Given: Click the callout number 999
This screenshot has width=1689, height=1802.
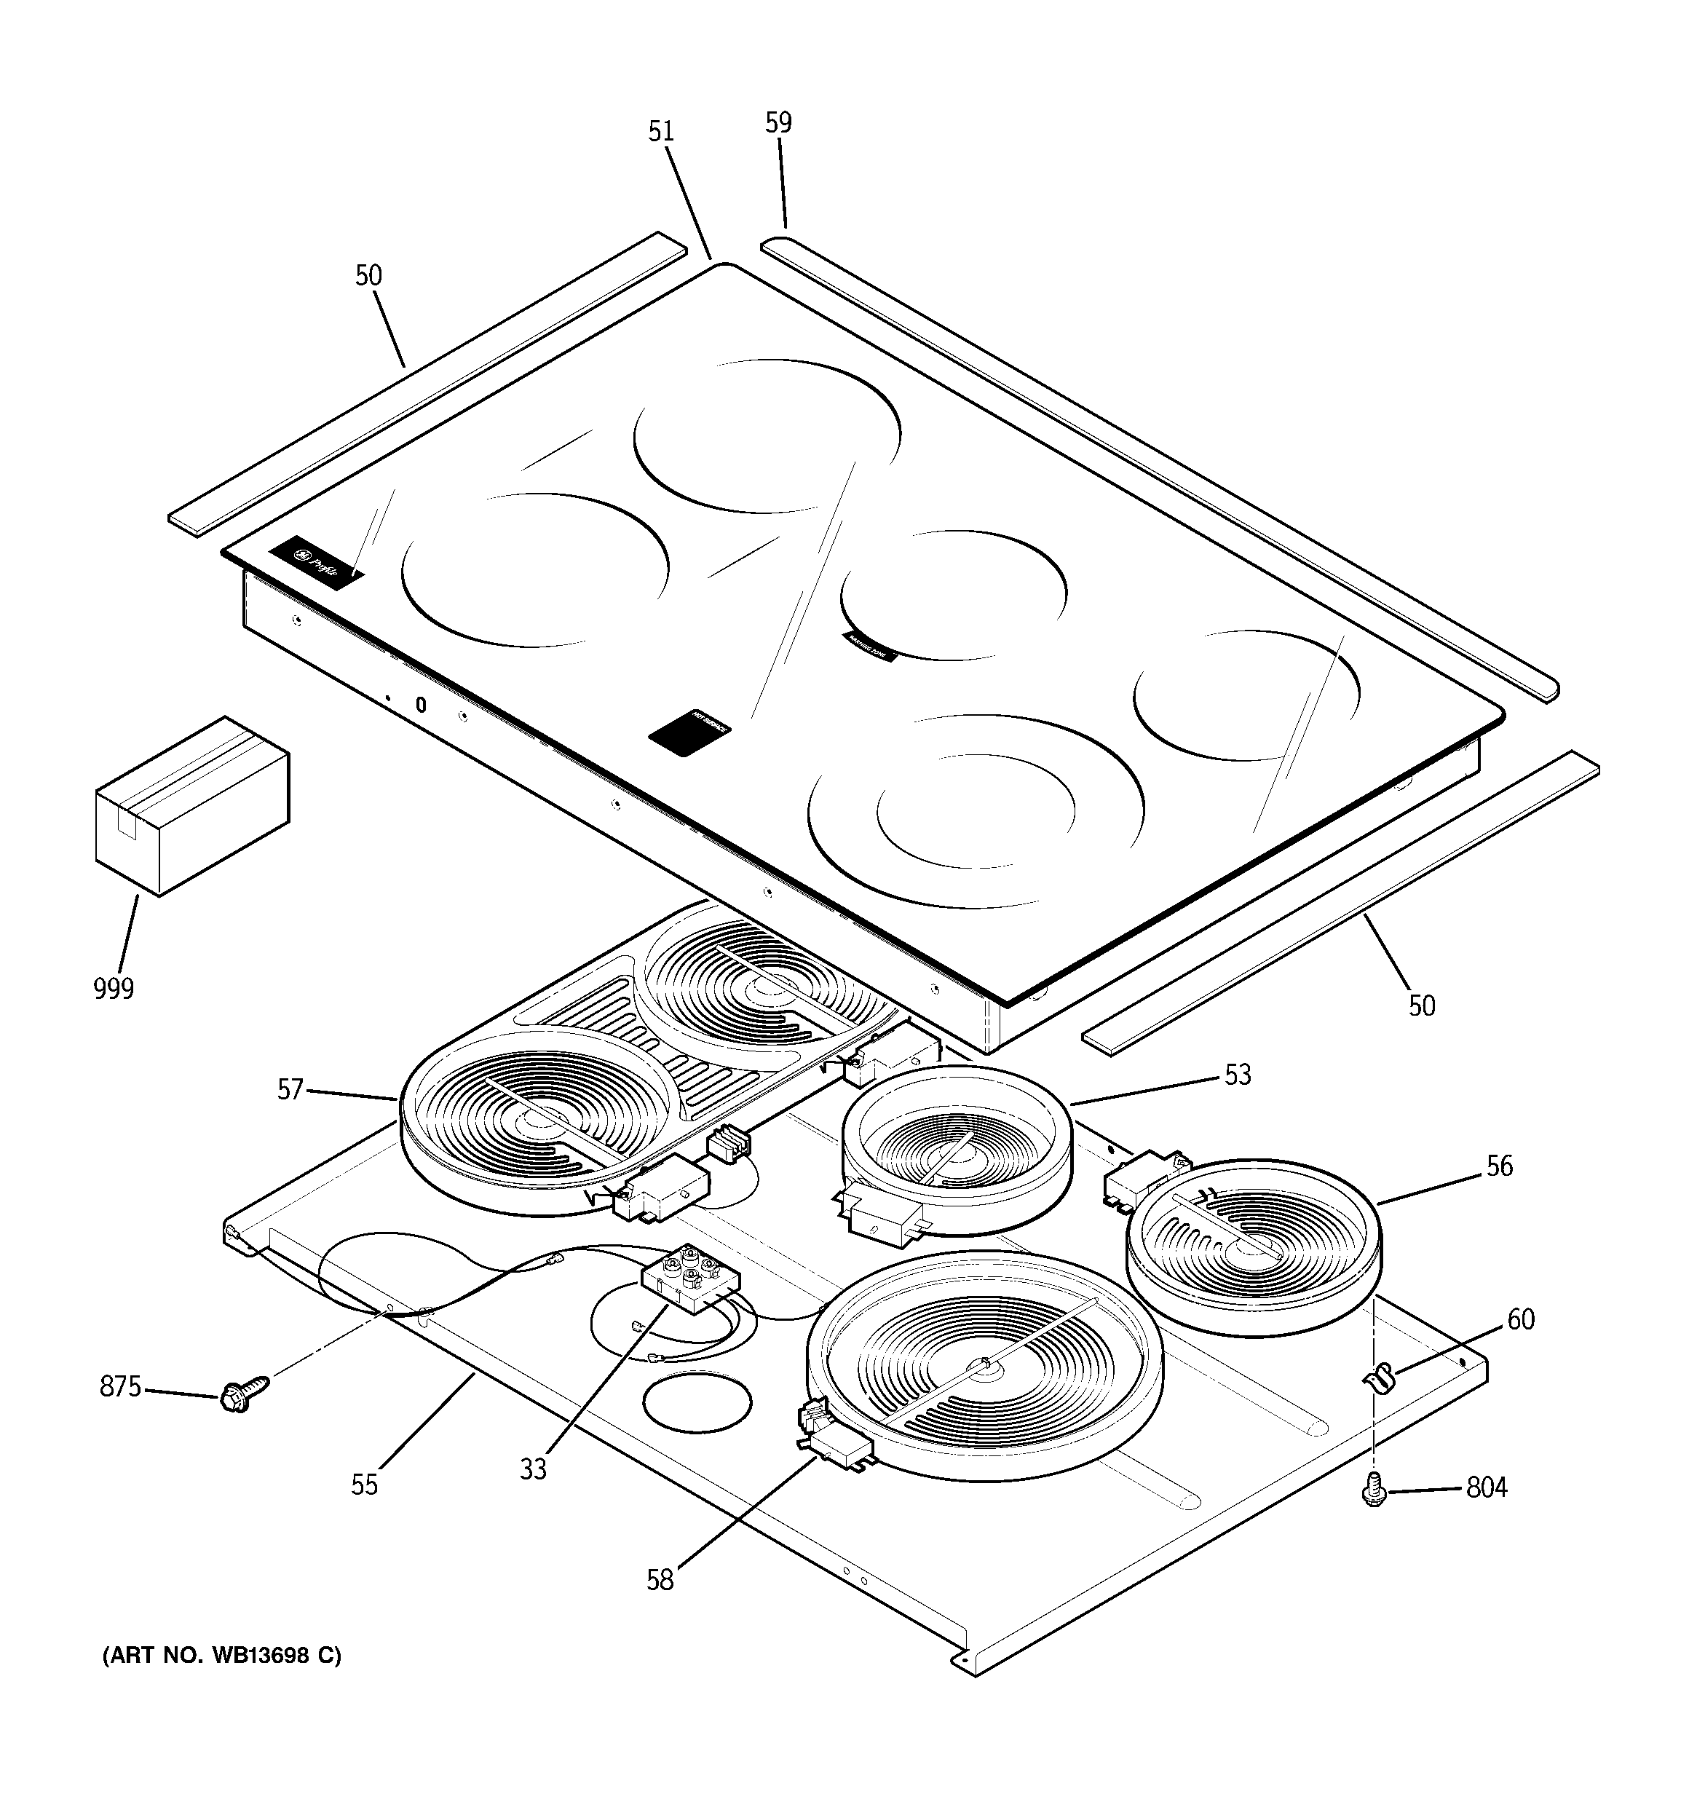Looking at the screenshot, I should click(x=114, y=988).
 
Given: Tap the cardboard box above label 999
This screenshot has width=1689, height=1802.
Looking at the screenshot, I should click(x=191, y=806).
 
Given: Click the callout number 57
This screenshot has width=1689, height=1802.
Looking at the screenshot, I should click(x=290, y=1088).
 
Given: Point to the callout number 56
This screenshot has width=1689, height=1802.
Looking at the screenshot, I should click(x=1500, y=1166).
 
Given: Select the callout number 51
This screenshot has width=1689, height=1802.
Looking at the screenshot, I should click(x=661, y=132).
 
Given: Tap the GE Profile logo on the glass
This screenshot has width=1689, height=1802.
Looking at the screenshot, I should click(x=315, y=564).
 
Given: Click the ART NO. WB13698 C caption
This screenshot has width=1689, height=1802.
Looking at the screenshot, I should click(x=221, y=1656).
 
